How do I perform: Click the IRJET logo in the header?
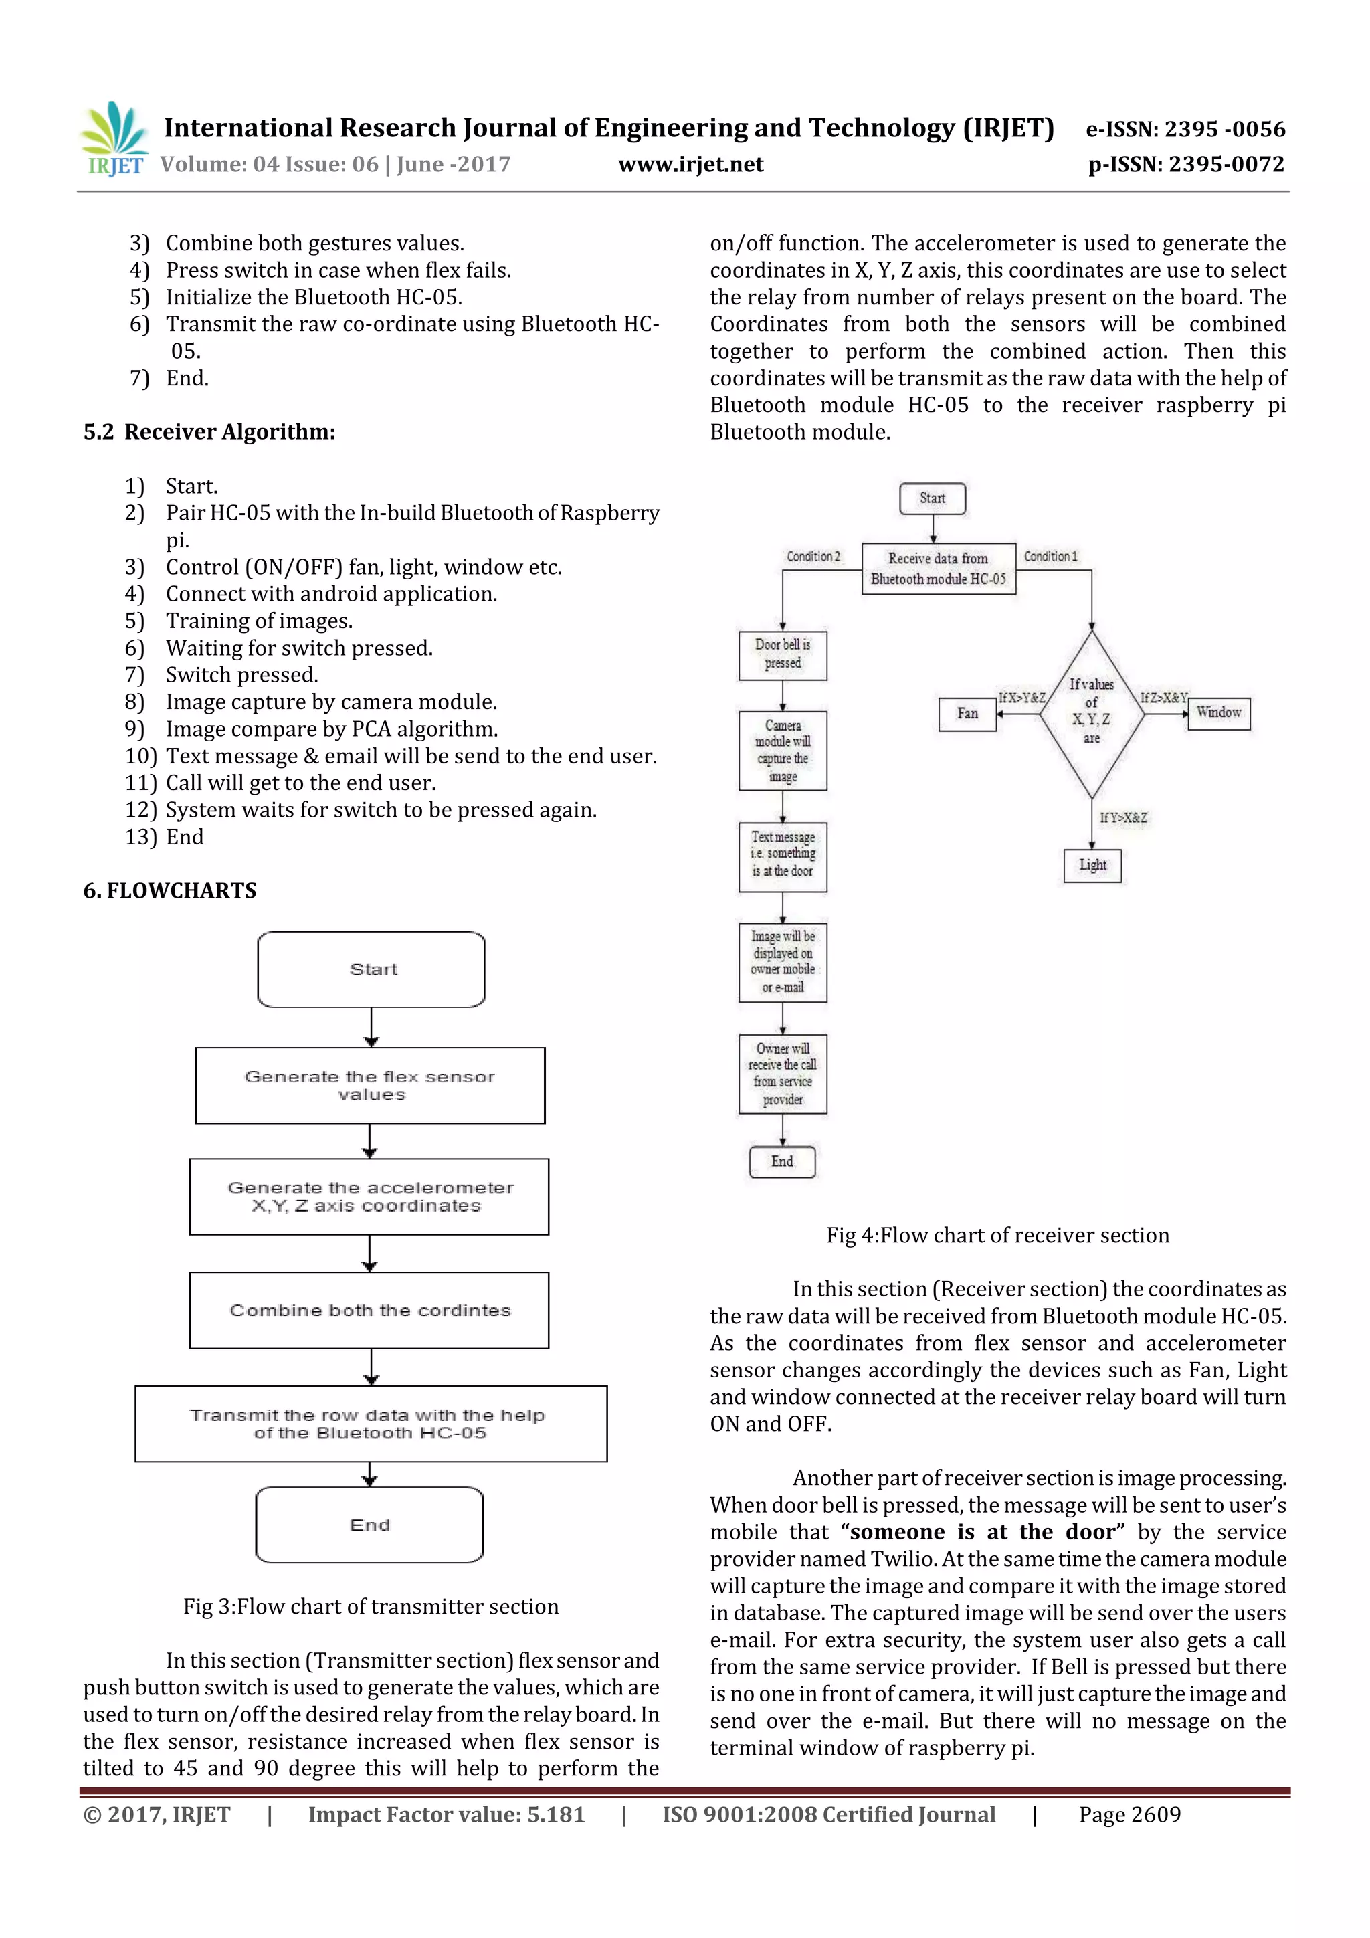(114, 139)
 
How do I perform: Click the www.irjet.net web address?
(690, 165)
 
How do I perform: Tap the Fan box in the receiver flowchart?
(967, 714)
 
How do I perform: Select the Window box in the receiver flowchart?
(1218, 712)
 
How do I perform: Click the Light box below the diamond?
(1092, 865)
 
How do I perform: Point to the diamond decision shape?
(1092, 713)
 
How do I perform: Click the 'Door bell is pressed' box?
(783, 655)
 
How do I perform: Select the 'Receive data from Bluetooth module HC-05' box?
(938, 569)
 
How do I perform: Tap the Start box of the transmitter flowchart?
(371, 969)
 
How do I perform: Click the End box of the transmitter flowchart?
(370, 1525)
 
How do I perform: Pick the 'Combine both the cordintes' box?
(370, 1310)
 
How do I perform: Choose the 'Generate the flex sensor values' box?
(370, 1086)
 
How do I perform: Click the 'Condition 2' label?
(813, 557)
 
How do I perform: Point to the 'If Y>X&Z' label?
(1122, 818)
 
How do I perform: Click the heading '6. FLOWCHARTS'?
(170, 890)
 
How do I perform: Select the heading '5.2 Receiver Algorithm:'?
(209, 432)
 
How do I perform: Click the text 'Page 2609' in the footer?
(1129, 1814)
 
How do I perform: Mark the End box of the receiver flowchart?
(783, 1161)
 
